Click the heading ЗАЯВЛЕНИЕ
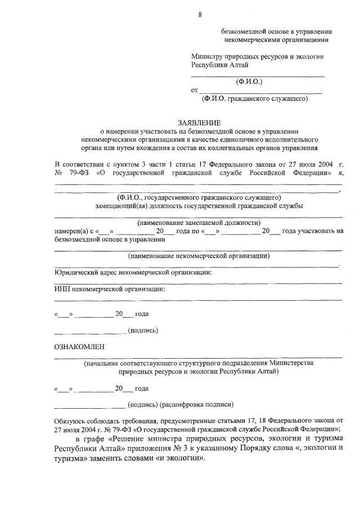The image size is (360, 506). (200, 123)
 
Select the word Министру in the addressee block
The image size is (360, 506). (207, 57)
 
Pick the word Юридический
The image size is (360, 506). (75, 272)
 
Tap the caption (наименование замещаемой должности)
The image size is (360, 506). (199, 223)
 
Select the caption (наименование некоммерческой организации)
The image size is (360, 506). (199, 256)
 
